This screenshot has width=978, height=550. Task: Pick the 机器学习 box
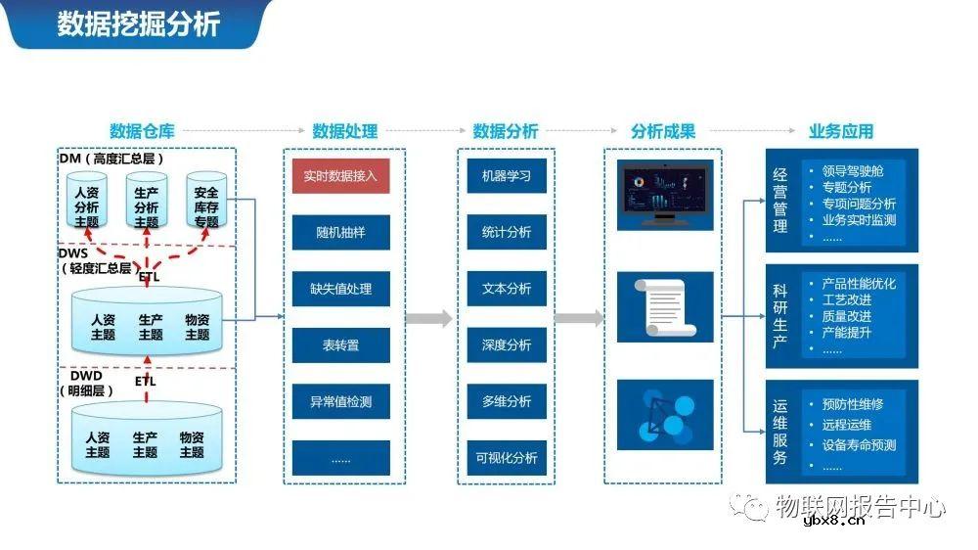[x=506, y=176]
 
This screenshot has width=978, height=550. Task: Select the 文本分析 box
[x=506, y=289]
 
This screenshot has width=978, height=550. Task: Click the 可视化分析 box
[x=506, y=458]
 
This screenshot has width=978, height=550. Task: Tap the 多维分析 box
[x=506, y=401]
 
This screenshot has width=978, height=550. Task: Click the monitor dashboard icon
[x=665, y=195]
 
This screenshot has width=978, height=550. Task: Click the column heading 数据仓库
[x=141, y=131]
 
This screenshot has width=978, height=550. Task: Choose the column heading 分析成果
[x=663, y=131]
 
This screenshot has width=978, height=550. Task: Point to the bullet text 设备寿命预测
[x=859, y=445]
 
